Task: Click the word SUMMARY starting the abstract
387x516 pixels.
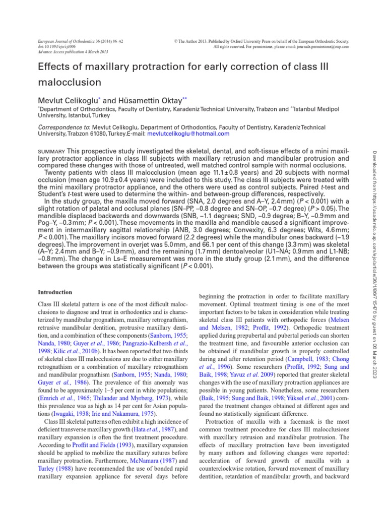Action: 51,152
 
